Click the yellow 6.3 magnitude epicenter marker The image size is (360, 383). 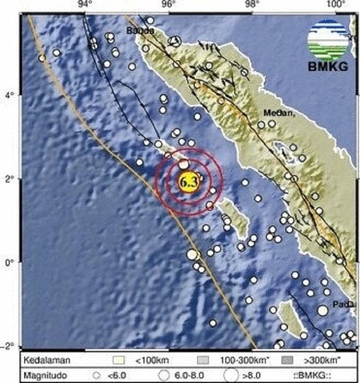(x=189, y=182)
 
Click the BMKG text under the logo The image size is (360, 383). (x=328, y=66)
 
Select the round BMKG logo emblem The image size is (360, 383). (x=328, y=39)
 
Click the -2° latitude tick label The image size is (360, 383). (x=9, y=345)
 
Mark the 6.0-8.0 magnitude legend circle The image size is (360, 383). (x=164, y=375)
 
